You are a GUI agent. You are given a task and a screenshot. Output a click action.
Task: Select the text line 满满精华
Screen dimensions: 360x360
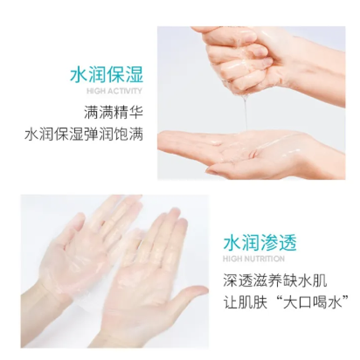(x=113, y=111)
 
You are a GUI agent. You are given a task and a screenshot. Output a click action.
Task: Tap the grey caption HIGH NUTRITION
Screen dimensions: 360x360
(x=254, y=259)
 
